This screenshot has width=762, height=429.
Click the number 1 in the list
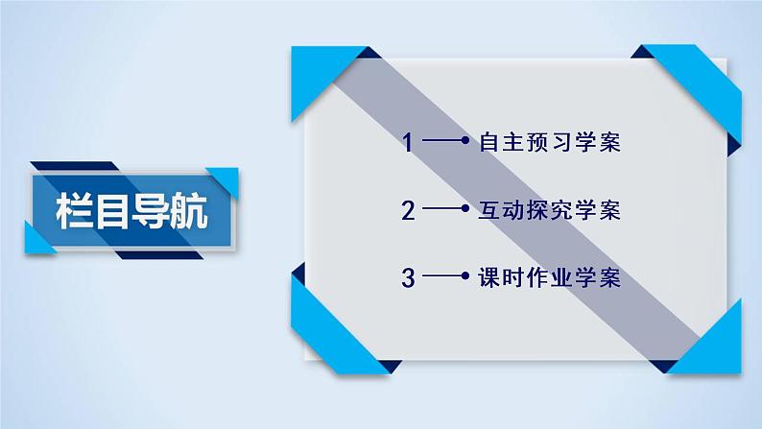408,144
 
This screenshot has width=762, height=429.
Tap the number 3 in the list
408,279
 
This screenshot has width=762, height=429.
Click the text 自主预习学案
549,144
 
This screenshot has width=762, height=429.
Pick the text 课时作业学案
549,279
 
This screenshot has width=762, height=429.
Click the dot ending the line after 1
464,144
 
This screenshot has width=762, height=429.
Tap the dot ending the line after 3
464,279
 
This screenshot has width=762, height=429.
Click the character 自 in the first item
487,144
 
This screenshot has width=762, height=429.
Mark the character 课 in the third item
487,279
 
